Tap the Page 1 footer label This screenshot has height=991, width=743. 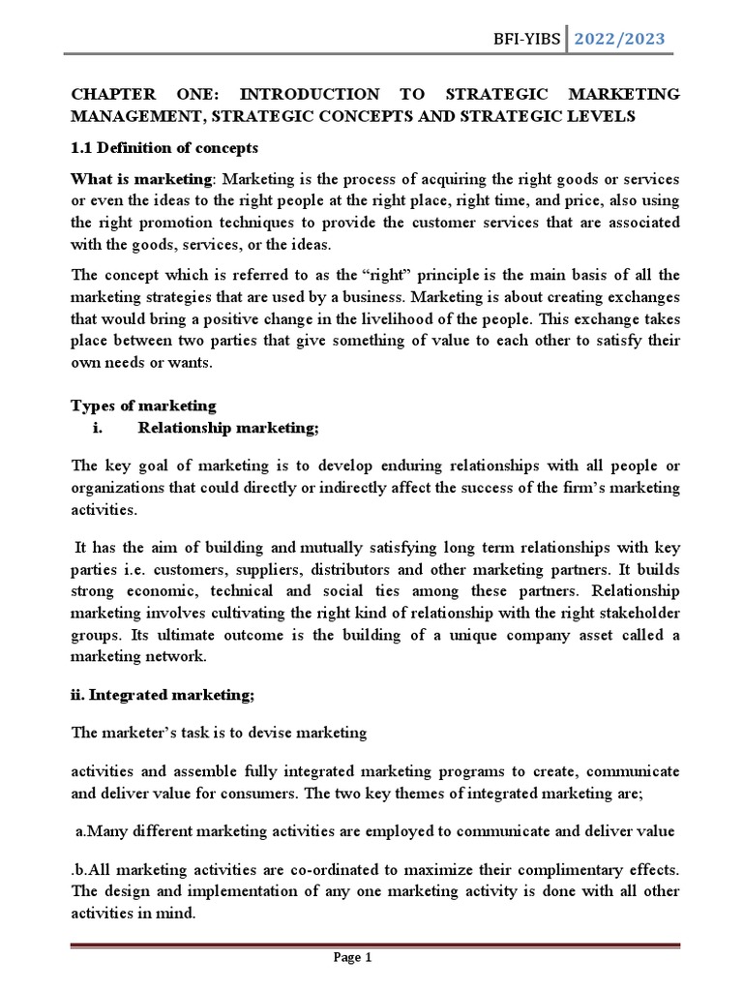tap(352, 959)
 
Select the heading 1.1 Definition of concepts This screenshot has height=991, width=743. tap(165, 149)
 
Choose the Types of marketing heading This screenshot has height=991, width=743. tap(144, 405)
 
